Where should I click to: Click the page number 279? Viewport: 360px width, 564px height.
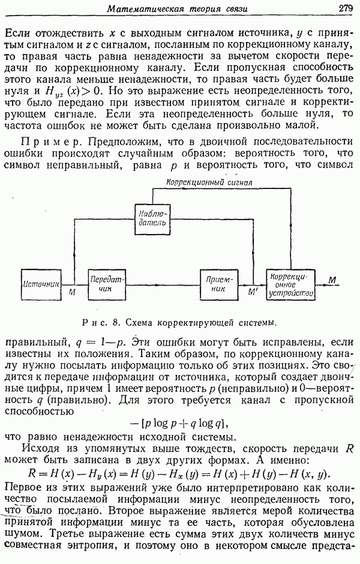(344, 8)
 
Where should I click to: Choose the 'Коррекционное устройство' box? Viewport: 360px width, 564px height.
(291, 284)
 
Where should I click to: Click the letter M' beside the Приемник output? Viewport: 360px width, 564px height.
(253, 294)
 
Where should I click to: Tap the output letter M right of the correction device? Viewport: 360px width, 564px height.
(333, 280)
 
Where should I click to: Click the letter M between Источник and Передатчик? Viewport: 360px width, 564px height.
(73, 293)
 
